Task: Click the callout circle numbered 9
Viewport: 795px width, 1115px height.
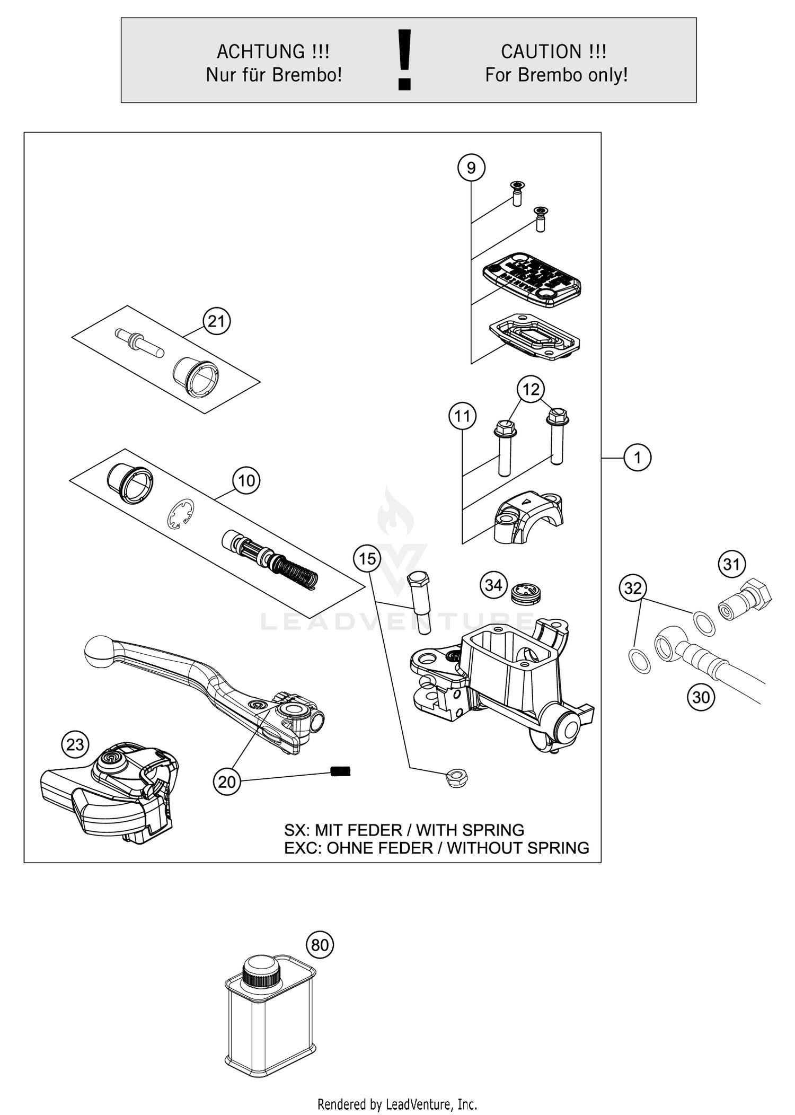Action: pyautogui.click(x=471, y=168)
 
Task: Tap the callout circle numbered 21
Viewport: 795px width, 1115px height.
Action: pyautogui.click(x=216, y=321)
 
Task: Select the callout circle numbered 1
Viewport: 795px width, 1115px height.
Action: pyautogui.click(x=637, y=457)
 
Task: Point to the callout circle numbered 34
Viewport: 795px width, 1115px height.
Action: pyautogui.click(x=493, y=585)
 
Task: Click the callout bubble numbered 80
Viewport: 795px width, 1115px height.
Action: pyautogui.click(x=320, y=945)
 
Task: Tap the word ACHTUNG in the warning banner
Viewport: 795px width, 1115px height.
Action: pyautogui.click(x=261, y=52)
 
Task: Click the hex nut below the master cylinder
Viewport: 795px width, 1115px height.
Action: pyautogui.click(x=456, y=778)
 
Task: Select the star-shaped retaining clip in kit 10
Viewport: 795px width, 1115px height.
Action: pyautogui.click(x=180, y=514)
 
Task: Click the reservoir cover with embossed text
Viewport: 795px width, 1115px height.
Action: pyautogui.click(x=532, y=279)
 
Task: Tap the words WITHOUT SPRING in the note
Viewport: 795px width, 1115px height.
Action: pyautogui.click(x=517, y=848)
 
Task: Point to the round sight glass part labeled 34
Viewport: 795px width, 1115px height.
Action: pyautogui.click(x=526, y=593)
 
